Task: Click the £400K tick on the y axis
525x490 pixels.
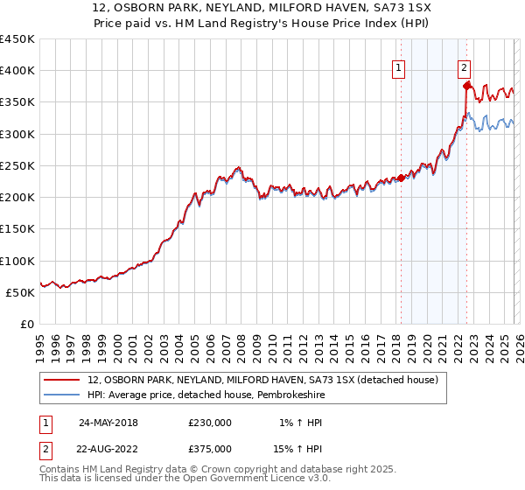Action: pos(17,71)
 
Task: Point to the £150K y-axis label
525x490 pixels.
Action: pos(17,229)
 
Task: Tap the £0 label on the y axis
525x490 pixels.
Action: pos(28,325)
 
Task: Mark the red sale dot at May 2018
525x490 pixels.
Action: pos(401,178)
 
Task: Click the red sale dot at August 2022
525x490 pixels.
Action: pos(466,86)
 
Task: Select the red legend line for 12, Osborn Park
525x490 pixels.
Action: pos(63,381)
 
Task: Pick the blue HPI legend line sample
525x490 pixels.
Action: pos(63,396)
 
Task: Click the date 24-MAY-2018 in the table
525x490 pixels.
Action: pos(108,423)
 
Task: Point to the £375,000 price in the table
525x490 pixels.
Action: pos(210,450)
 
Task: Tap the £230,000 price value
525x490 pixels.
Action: pos(210,423)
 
